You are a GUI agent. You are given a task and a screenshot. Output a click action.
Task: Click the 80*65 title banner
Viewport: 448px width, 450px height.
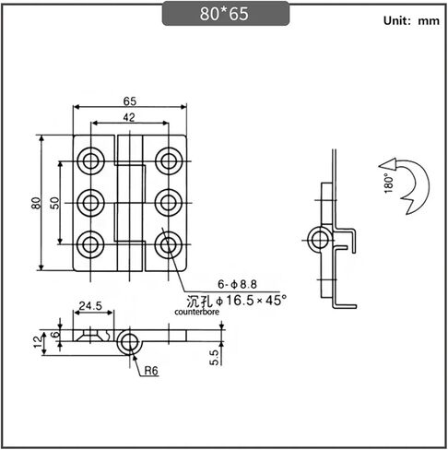[226, 14]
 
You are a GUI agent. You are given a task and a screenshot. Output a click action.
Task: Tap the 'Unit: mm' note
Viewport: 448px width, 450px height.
[411, 20]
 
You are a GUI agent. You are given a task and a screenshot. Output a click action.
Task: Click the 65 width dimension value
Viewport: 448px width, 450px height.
[130, 101]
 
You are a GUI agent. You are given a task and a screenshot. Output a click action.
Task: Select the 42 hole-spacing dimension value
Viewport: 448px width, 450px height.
[129, 117]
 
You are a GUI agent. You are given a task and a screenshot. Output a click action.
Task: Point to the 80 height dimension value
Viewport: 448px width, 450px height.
[36, 203]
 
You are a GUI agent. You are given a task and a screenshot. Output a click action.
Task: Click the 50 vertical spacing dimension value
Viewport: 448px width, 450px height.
[54, 203]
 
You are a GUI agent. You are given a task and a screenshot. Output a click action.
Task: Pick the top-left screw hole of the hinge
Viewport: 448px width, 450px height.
[90, 161]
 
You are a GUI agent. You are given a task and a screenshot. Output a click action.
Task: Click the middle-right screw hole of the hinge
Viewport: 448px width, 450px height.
[169, 203]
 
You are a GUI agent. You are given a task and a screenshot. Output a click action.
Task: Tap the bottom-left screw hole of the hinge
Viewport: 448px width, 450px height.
[90, 244]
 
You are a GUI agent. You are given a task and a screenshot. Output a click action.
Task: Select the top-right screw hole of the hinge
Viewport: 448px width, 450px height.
[169, 161]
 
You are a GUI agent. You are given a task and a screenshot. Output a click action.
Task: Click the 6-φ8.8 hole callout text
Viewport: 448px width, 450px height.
[237, 284]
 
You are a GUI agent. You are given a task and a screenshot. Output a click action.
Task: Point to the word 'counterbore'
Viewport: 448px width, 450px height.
[197, 312]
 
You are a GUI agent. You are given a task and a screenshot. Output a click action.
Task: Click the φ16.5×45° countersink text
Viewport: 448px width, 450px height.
[251, 301]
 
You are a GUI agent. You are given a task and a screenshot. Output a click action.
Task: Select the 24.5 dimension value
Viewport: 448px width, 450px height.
[90, 305]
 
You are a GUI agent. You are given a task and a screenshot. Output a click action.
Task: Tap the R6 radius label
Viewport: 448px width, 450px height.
[151, 371]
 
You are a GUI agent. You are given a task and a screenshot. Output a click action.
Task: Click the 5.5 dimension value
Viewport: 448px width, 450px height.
[215, 358]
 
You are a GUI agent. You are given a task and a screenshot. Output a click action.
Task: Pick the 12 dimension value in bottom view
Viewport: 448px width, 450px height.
[38, 342]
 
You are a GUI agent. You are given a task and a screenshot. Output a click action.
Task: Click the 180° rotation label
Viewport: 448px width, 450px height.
[389, 184]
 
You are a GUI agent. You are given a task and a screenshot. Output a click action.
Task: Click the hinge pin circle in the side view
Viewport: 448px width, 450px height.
[320, 240]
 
